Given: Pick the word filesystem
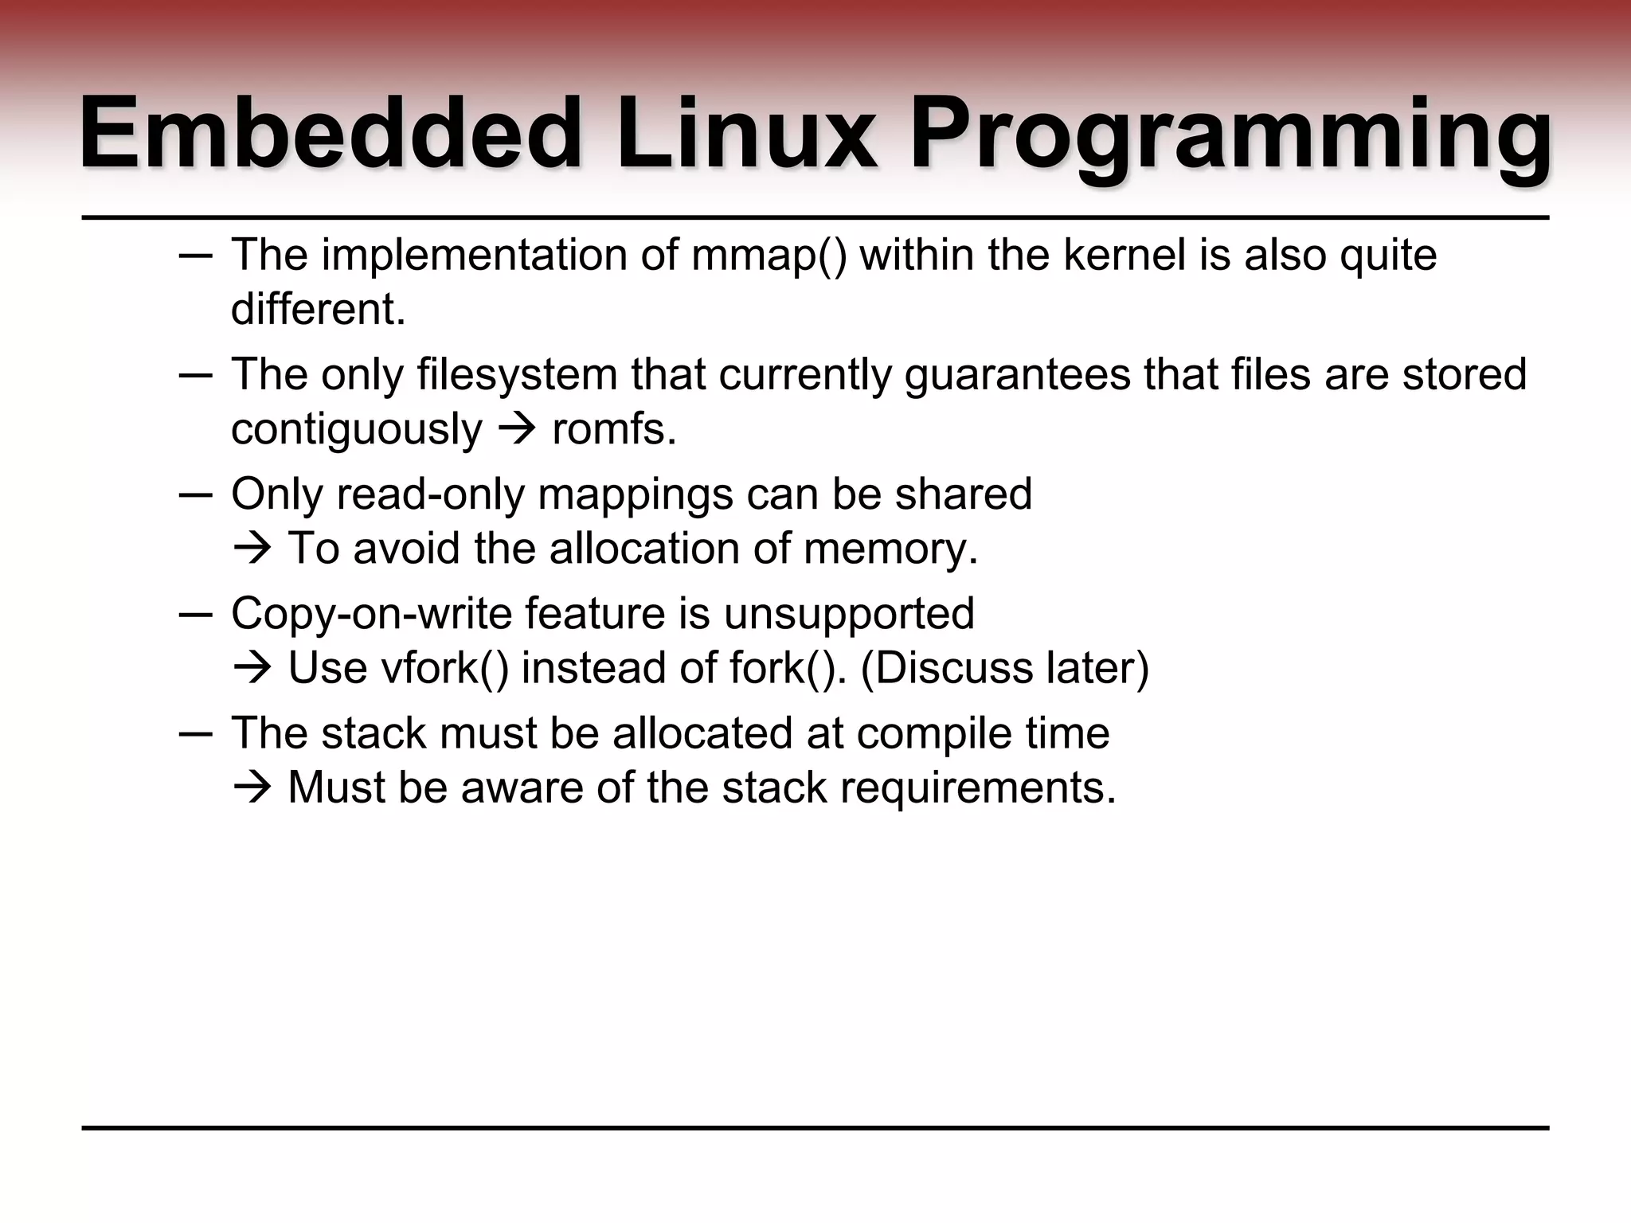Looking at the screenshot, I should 517,374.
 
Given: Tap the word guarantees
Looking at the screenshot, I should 1017,374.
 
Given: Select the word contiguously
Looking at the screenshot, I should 356,429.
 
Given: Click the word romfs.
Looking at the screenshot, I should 613,429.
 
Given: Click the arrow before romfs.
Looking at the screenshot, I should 517,429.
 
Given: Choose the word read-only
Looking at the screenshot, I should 430,494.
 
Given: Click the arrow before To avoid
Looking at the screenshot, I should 253,549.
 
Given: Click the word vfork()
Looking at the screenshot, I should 444,668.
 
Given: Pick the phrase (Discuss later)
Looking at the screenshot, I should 1005,668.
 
